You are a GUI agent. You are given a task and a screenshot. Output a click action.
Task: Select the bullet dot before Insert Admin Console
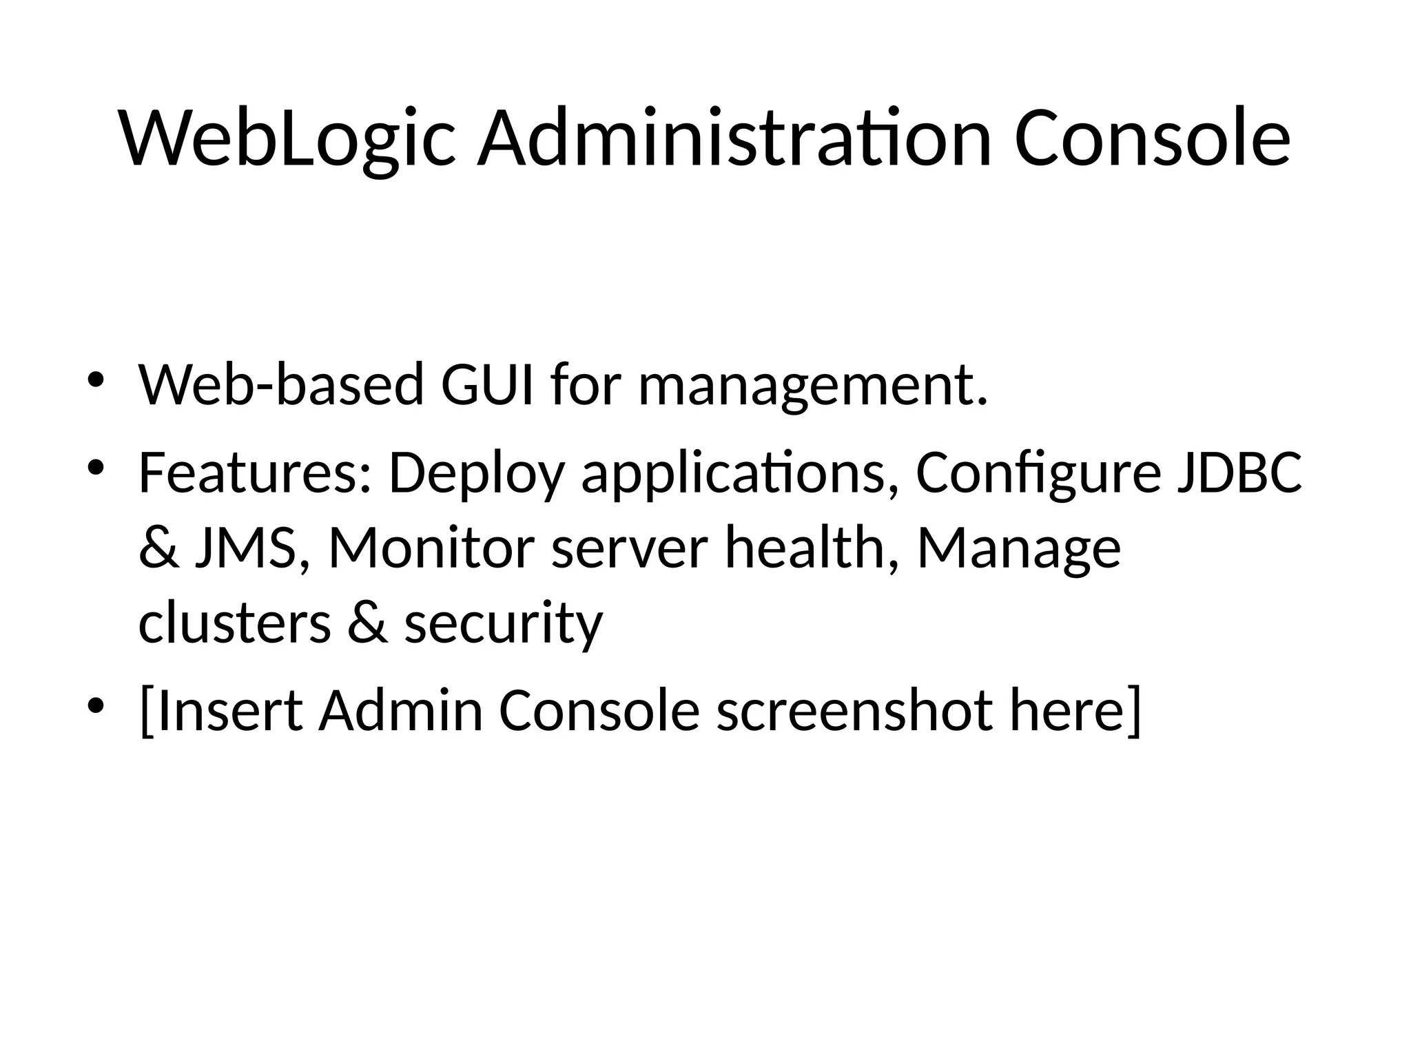[x=95, y=706]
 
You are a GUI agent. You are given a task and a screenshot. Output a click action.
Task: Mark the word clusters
[x=235, y=623]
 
